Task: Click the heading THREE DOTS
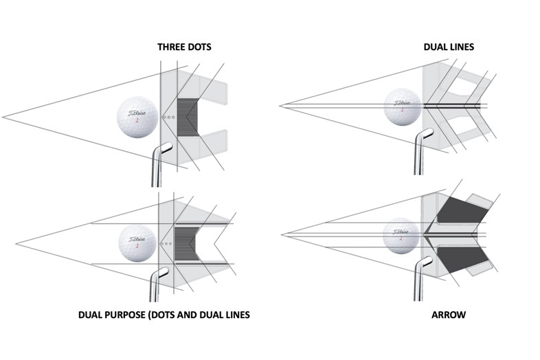point(184,47)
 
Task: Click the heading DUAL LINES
point(449,47)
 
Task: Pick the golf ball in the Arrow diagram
point(401,234)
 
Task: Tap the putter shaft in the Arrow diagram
point(418,282)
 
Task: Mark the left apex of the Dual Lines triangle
point(280,106)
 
